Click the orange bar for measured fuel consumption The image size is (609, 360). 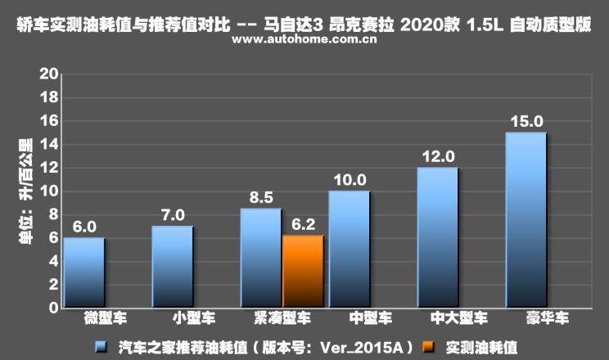[303, 272]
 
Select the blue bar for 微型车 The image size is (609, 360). [83, 272]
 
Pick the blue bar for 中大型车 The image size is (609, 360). [437, 237]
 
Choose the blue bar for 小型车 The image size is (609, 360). [172, 267]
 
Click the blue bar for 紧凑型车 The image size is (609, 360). [260, 258]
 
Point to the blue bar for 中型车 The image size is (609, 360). [349, 250]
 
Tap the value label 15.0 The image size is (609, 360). [525, 121]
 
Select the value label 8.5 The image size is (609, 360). [260, 197]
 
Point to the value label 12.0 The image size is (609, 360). [437, 156]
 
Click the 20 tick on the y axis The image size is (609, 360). [49, 74]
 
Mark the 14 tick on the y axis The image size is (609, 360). [49, 144]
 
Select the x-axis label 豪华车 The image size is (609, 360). [525, 320]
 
